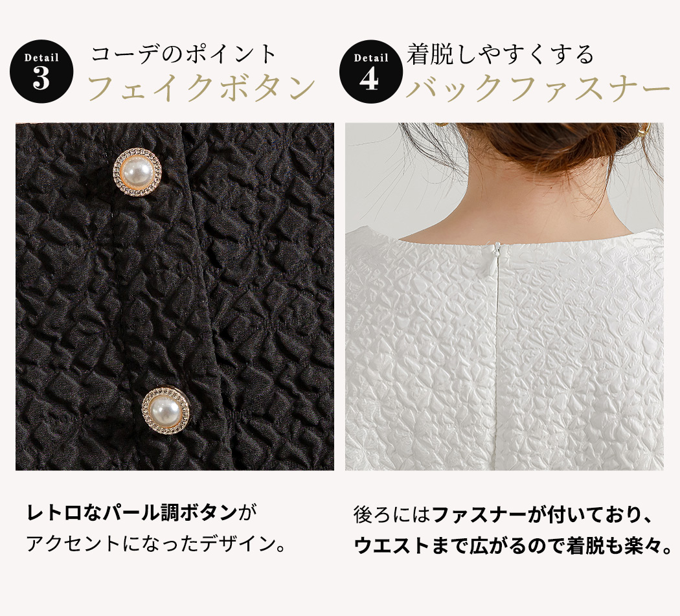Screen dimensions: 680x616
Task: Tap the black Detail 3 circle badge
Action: (x=41, y=71)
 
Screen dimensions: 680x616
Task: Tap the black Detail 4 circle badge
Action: (x=371, y=71)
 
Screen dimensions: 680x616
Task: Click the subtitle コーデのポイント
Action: (x=183, y=54)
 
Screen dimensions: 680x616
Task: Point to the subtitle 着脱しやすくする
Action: (x=500, y=54)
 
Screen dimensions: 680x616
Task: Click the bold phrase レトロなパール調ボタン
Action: (x=132, y=512)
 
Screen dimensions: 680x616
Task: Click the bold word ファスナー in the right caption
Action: (x=479, y=515)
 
